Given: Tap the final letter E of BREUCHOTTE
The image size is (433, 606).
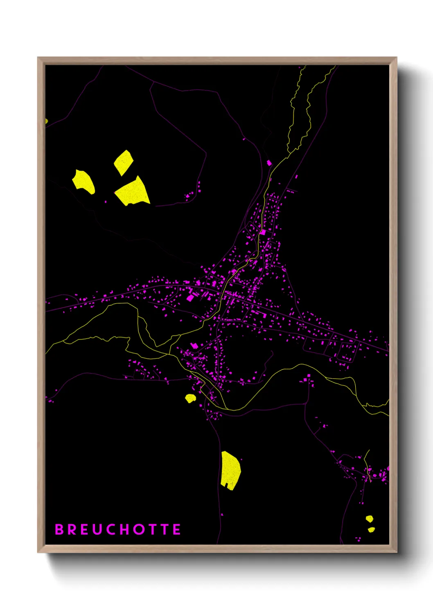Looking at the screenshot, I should point(176,529).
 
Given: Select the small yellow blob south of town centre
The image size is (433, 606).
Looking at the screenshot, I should point(190,398).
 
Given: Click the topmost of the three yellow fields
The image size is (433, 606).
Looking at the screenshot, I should point(123,162).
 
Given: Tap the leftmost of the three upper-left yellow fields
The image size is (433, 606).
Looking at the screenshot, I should point(84,182).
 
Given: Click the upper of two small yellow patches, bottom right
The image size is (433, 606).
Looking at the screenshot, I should point(369,519).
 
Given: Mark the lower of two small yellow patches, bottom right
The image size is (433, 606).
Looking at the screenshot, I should point(371,529).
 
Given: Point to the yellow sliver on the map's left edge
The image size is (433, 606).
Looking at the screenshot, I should point(46,121).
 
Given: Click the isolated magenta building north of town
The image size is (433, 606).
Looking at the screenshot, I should point(269,163).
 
